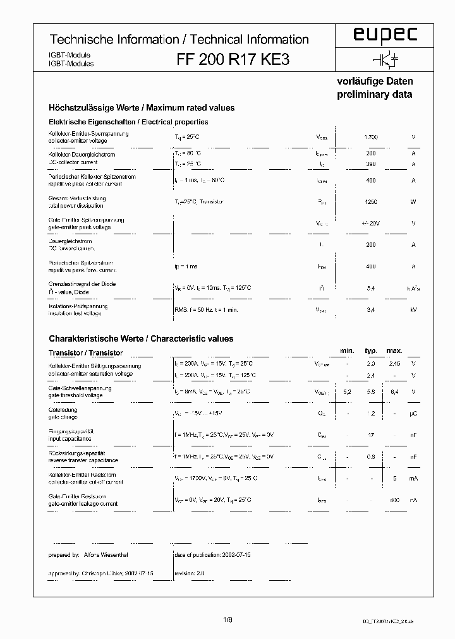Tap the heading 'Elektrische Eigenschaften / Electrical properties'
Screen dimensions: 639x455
coord(128,122)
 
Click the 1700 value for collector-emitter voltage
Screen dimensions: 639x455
coord(371,137)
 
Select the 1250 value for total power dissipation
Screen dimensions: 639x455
coord(371,202)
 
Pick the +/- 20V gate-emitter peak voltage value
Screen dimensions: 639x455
coord(371,224)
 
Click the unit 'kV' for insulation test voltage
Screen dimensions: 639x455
coord(413,310)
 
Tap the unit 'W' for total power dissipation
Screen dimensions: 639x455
coord(413,202)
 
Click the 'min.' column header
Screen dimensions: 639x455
coord(347,350)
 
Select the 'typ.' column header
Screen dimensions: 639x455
coord(371,350)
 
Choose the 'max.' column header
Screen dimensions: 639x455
coord(394,350)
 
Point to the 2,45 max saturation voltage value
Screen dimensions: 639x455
coord(394,364)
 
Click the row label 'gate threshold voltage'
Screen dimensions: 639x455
coord(75,395)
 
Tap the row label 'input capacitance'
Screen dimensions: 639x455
coord(70,438)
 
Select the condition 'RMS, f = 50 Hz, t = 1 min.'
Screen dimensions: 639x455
coord(206,310)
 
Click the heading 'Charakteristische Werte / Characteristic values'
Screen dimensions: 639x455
coord(141,338)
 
